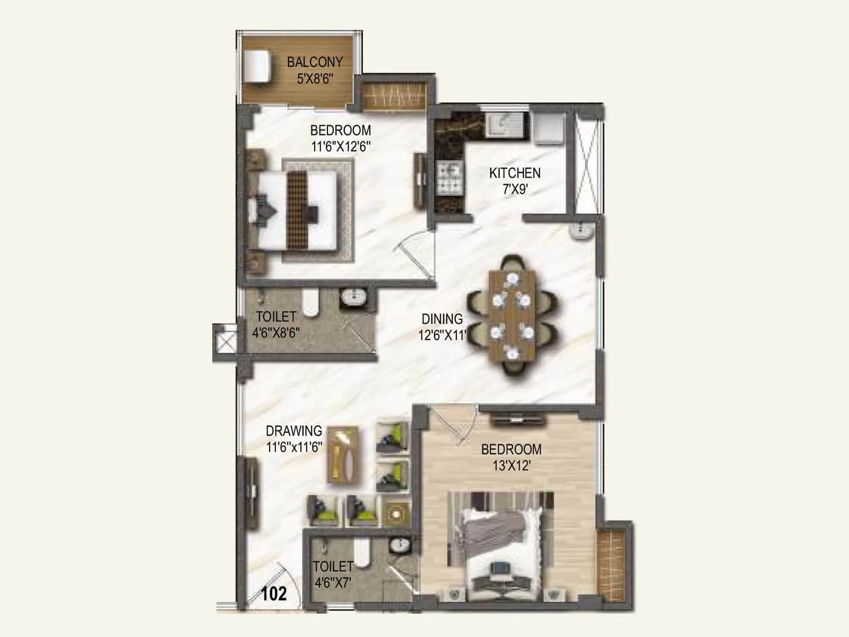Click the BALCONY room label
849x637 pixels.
tap(315, 62)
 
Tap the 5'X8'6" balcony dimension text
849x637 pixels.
tap(315, 79)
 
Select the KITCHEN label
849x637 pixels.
tap(515, 173)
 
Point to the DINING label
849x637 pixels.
tap(442, 319)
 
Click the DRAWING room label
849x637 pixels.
tap(294, 431)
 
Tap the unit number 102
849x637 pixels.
tap(274, 593)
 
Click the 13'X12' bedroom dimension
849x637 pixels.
tap(511, 466)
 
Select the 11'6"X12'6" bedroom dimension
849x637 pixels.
tap(341, 147)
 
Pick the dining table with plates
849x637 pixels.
tap(512, 316)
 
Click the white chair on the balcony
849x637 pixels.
tap(257, 66)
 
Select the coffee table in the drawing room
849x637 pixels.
tap(344, 455)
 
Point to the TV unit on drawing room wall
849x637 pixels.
tap(251, 493)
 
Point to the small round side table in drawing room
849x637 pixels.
tap(396, 513)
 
